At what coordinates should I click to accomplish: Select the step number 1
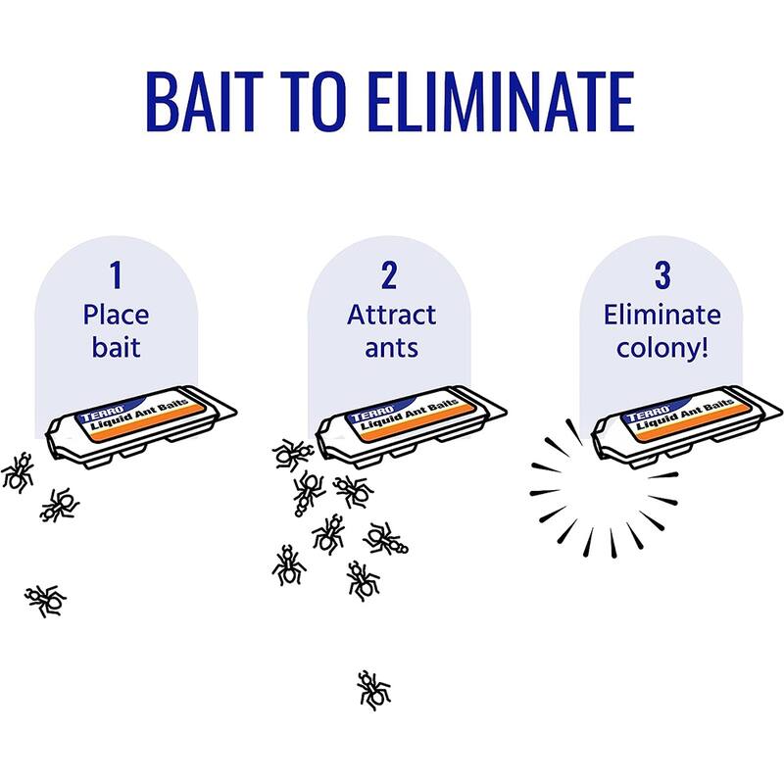click(x=116, y=275)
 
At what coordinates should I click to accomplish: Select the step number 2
click(x=389, y=275)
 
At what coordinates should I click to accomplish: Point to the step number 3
click(x=662, y=275)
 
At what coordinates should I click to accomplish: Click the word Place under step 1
click(x=116, y=316)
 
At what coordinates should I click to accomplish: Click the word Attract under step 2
click(x=391, y=316)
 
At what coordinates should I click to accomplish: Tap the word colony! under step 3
click(x=662, y=349)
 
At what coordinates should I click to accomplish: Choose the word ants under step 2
click(x=390, y=349)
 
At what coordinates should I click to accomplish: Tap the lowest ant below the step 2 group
click(x=372, y=689)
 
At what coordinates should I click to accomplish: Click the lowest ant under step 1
click(x=45, y=598)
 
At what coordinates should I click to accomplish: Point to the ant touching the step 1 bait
click(x=18, y=471)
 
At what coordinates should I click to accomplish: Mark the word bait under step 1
click(x=116, y=349)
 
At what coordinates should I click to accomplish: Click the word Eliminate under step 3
click(x=662, y=316)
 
